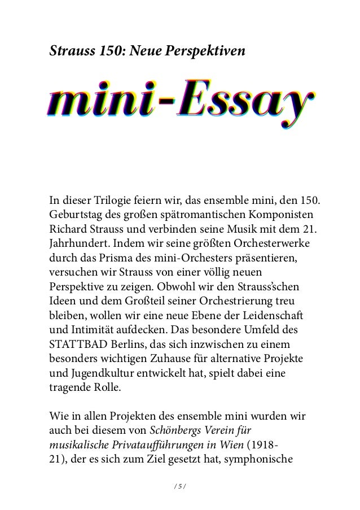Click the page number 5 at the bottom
tap(179, 484)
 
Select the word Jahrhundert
tap(80, 247)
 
